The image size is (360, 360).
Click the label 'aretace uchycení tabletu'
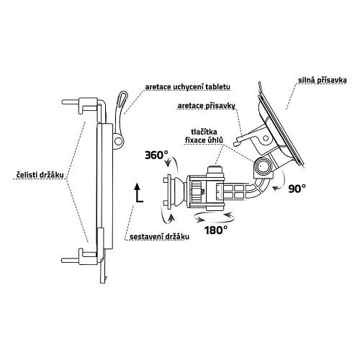pyautogui.click(x=188, y=87)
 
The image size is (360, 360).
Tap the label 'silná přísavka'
pyautogui.click(x=323, y=81)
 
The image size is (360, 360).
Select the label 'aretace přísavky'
pyautogui.click(x=207, y=106)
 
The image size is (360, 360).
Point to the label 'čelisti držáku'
pyautogui.click(x=40, y=175)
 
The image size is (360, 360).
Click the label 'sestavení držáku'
pyautogui.click(x=159, y=237)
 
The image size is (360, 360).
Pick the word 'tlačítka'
pyautogui.click(x=204, y=132)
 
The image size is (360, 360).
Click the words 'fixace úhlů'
pyautogui.click(x=204, y=140)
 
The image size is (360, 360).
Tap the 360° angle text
pyautogui.click(x=156, y=156)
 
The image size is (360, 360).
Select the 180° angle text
pyautogui.click(x=216, y=230)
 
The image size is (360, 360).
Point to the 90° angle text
pyautogui.click(x=297, y=189)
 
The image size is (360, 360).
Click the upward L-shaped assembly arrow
pyautogui.click(x=138, y=194)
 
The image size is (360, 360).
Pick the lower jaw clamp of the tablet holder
pyautogui.click(x=82, y=257)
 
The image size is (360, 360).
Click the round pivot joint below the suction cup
pyautogui.click(x=262, y=166)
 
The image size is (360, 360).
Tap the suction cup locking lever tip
pyautogui.click(x=237, y=143)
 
